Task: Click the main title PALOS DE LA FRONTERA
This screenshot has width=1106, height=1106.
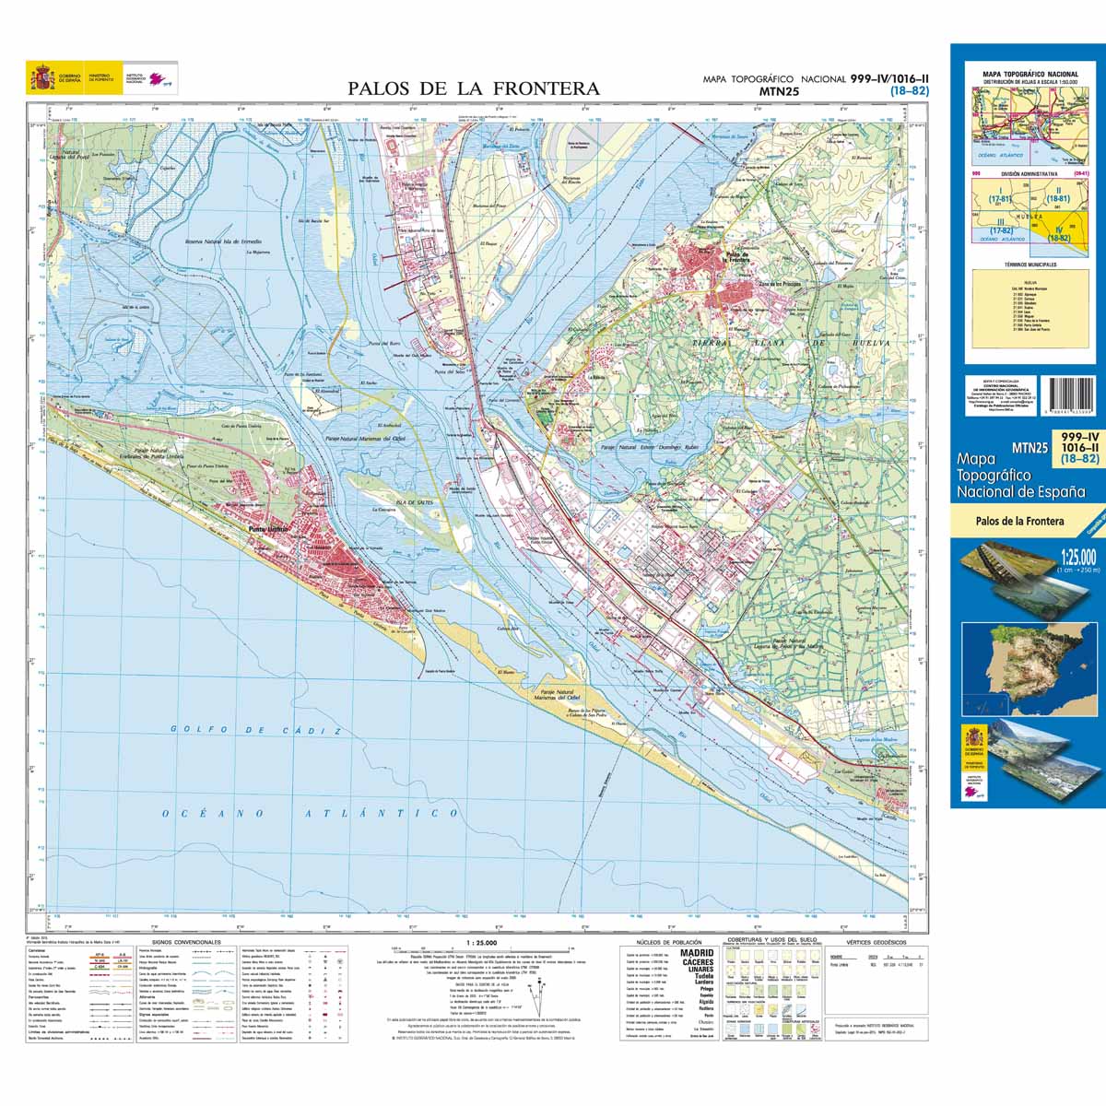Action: tap(473, 88)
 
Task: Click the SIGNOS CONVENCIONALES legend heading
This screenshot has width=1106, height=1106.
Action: tap(186, 943)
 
